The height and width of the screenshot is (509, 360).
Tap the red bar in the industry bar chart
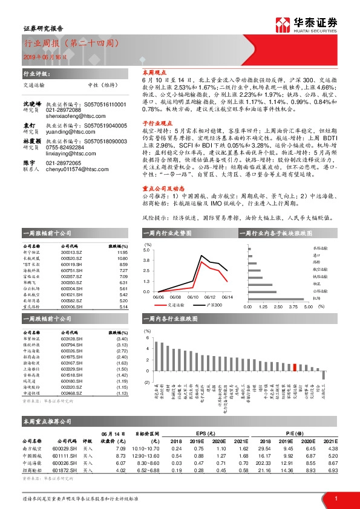coord(294,366)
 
